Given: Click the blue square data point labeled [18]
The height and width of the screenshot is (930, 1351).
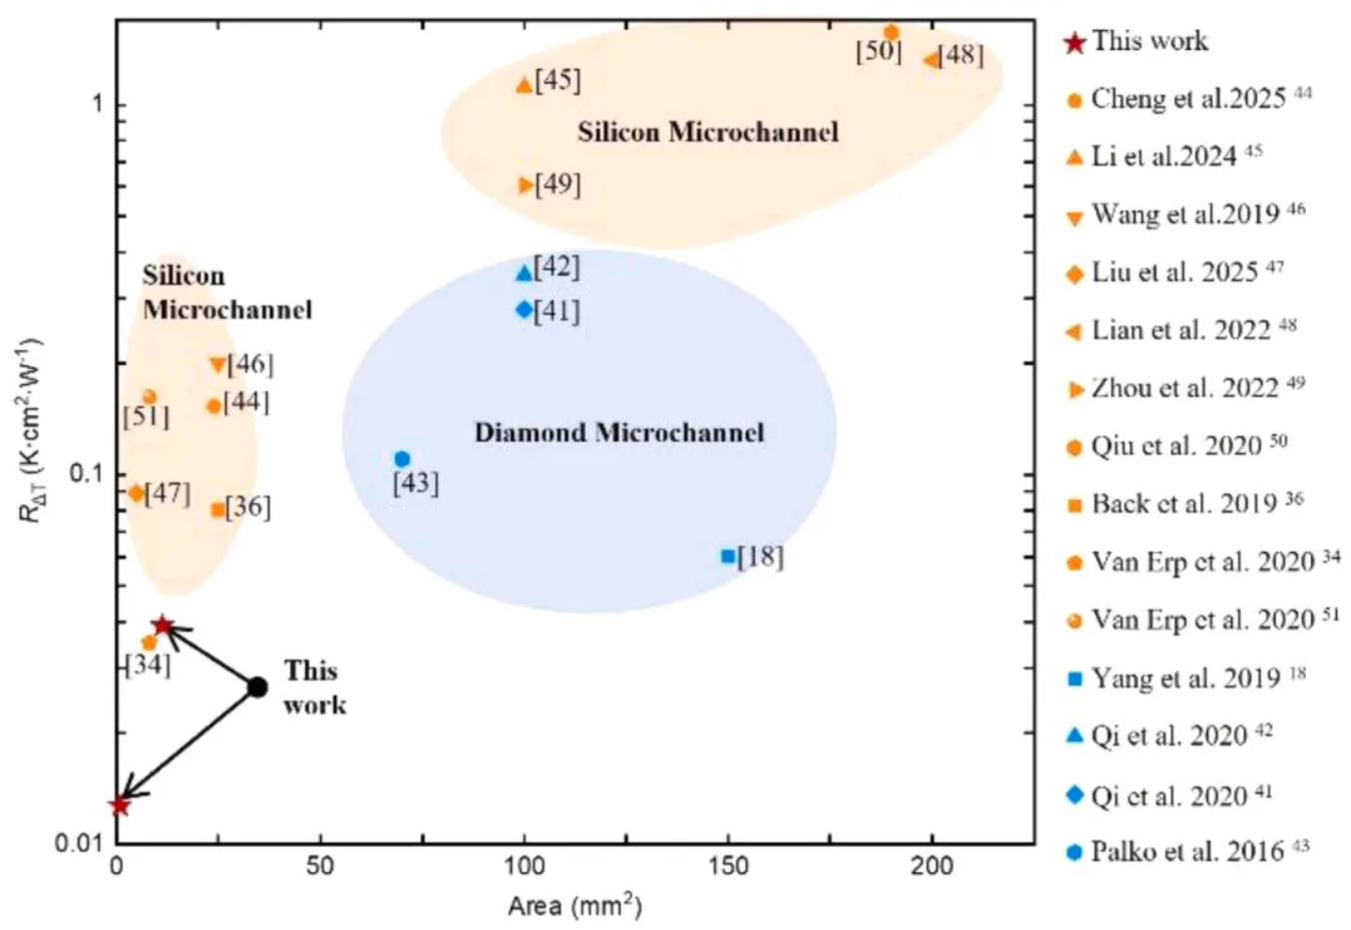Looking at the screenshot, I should click(x=728, y=556).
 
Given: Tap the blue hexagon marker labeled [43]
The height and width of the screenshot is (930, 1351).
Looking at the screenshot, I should click(x=402, y=459).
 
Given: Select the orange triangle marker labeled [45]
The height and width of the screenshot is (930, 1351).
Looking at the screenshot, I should click(x=524, y=86).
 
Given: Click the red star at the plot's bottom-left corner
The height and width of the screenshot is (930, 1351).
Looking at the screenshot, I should click(x=120, y=804).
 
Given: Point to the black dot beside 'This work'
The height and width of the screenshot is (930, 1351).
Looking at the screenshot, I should click(x=257, y=687).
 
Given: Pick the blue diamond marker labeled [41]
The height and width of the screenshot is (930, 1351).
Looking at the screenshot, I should click(x=524, y=309).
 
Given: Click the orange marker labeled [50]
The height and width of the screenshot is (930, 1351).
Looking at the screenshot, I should click(x=891, y=33).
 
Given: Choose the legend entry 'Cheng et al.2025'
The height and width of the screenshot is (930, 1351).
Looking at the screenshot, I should click(x=1187, y=99).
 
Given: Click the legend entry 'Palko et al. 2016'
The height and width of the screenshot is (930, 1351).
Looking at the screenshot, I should click(x=1186, y=852).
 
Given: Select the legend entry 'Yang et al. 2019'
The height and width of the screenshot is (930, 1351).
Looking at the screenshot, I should click(x=1185, y=679).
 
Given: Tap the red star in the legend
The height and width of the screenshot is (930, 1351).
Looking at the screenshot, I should click(x=1075, y=43).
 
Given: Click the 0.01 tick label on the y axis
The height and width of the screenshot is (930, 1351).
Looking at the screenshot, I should click(x=82, y=843).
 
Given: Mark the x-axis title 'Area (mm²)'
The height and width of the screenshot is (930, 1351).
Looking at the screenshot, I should click(x=575, y=906).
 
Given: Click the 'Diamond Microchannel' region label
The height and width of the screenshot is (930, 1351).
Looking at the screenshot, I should click(x=619, y=432).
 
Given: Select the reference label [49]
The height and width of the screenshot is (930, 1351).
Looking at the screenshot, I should click(x=558, y=185).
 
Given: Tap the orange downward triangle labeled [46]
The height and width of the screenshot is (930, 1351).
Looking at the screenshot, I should click(x=218, y=365).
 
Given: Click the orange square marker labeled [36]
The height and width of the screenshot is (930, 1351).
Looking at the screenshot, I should click(x=218, y=510).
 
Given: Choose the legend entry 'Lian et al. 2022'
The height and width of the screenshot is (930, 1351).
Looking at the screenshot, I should click(x=1180, y=330).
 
